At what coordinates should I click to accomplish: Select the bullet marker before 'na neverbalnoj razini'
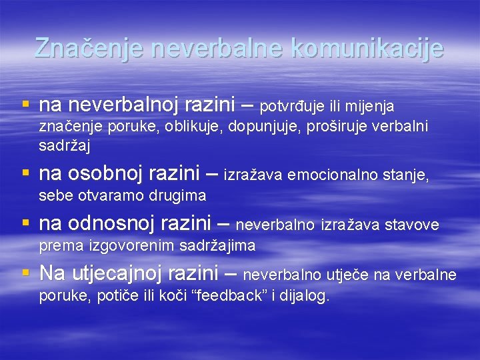(x=26, y=105)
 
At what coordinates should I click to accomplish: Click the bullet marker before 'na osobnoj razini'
(x=26, y=174)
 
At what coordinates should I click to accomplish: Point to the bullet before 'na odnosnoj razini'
(x=26, y=224)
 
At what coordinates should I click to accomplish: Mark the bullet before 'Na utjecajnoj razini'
(x=26, y=273)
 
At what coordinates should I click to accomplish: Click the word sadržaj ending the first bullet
(x=65, y=145)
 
